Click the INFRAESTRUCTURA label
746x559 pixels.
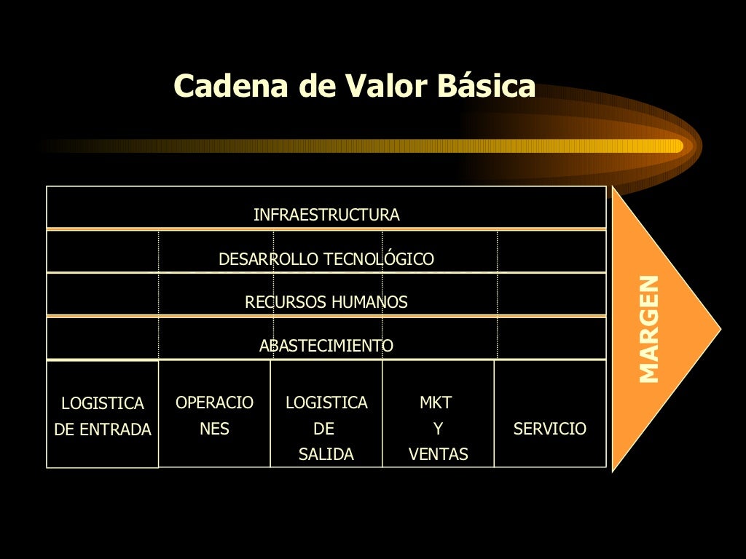[326, 215]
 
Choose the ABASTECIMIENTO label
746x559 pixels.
[326, 346]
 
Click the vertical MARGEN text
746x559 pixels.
[648, 329]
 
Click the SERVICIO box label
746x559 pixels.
[550, 429]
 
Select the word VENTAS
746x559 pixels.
[439, 455]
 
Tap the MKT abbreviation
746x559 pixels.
[436, 403]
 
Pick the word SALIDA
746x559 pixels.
[326, 455]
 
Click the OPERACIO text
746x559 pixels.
[214, 403]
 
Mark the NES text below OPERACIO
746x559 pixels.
[214, 429]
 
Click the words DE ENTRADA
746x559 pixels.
[103, 430]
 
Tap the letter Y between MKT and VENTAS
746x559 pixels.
[438, 429]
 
